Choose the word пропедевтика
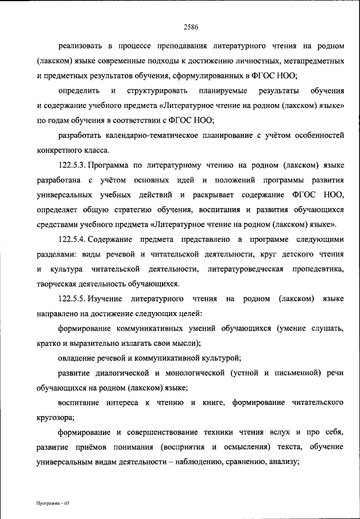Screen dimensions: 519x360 coord(318,269)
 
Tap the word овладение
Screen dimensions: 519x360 coord(78,357)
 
